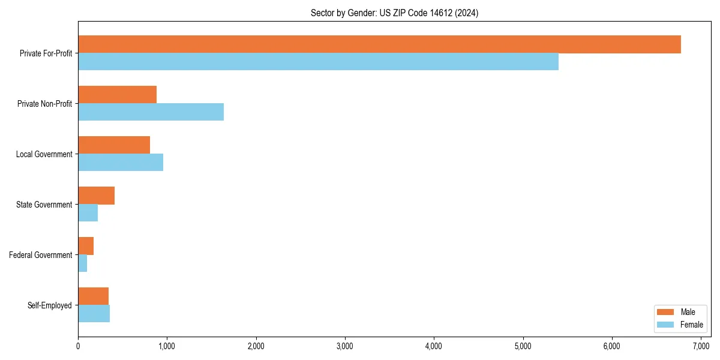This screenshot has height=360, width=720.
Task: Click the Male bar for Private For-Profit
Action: coord(379,44)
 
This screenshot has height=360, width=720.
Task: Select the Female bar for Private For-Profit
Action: coord(318,62)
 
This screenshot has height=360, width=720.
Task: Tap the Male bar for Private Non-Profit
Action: coord(117,95)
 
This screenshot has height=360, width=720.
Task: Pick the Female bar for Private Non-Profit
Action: coord(151,112)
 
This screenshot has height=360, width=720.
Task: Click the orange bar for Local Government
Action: coord(114,145)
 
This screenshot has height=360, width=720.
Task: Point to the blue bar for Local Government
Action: coord(121,163)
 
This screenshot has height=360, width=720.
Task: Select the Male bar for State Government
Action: coord(96,196)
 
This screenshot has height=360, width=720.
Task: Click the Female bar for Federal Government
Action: coord(82,263)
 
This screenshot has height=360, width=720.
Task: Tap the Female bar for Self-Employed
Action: coord(94,314)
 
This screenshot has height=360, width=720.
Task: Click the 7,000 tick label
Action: coord(701,346)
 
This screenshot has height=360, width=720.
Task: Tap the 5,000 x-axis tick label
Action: coord(523,346)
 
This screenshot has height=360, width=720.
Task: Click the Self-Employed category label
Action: coord(49,305)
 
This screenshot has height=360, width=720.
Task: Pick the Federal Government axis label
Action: coord(40,255)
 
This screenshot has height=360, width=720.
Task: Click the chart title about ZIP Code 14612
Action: coord(394,13)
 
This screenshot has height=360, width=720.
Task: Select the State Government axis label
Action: coord(44,205)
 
